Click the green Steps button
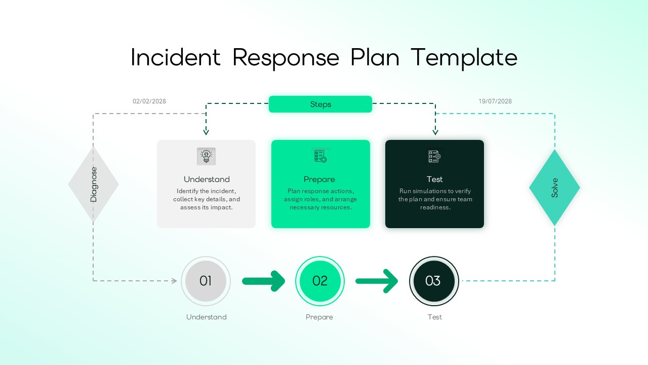pos(320,104)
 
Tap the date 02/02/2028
pos(149,101)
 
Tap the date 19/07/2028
pos(495,101)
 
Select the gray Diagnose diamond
pos(93,185)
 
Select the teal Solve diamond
pos(554,188)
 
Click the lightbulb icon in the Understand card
pos(206,156)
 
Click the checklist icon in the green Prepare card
pos(320,156)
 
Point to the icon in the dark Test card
pos(434,156)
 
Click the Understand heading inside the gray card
pos(207,179)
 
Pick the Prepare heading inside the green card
pos(319,179)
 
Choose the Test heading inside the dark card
pos(434,179)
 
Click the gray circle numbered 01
pos(206,281)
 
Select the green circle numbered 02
pos(320,281)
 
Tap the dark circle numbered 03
pos(434,281)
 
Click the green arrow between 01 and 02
pos(263,281)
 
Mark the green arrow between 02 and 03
pos(377,281)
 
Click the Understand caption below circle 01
pos(207,317)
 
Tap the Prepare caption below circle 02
pos(319,317)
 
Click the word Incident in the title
pos(176,57)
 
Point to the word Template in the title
pos(464,57)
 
